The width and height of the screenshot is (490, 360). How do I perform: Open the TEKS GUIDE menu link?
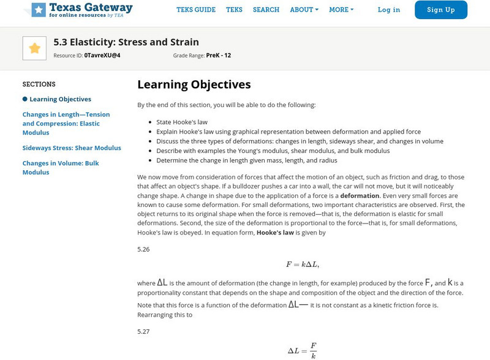[x=196, y=10]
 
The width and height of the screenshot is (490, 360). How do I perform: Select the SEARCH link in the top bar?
[x=266, y=10]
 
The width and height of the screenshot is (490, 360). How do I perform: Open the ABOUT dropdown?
[x=304, y=10]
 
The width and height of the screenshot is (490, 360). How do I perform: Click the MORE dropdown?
[x=341, y=10]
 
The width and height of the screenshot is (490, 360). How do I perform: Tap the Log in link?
[x=389, y=10]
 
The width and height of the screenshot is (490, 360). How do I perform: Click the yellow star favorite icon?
[x=34, y=48]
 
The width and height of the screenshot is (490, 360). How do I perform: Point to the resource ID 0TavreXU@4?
[x=102, y=55]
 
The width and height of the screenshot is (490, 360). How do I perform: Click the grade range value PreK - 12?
[x=219, y=55]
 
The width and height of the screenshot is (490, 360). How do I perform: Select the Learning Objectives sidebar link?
[x=60, y=99]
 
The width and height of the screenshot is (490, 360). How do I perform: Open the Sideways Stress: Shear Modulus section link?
[x=72, y=148]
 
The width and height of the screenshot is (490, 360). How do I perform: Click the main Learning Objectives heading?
[x=194, y=84]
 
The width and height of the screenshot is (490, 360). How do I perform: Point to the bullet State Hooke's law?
[x=182, y=122]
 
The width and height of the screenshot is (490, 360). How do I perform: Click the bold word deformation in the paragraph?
[x=360, y=196]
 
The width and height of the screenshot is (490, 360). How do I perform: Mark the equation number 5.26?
[x=143, y=249]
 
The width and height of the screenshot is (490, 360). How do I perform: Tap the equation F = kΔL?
[x=303, y=264]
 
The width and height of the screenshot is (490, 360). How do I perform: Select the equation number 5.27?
[x=143, y=331]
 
